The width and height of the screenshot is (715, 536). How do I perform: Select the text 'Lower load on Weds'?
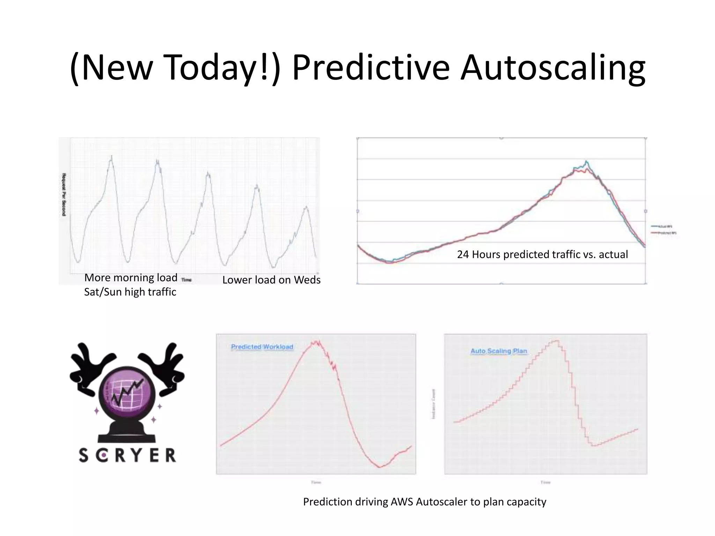(x=271, y=280)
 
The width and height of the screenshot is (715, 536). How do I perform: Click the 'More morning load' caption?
(x=131, y=278)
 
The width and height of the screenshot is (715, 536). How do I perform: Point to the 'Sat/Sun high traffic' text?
(x=130, y=292)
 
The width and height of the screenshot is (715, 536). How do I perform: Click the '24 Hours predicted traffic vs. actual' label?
(x=542, y=254)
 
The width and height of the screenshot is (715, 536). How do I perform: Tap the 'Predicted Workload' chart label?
(x=262, y=347)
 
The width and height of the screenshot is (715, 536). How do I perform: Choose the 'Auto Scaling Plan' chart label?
(x=499, y=351)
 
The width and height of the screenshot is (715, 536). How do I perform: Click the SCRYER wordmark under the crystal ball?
(x=127, y=455)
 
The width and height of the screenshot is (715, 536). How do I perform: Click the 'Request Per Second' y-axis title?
(x=64, y=194)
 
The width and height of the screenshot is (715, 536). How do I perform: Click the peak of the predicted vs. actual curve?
(x=586, y=162)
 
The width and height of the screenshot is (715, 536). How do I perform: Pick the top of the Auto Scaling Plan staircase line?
(x=556, y=341)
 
